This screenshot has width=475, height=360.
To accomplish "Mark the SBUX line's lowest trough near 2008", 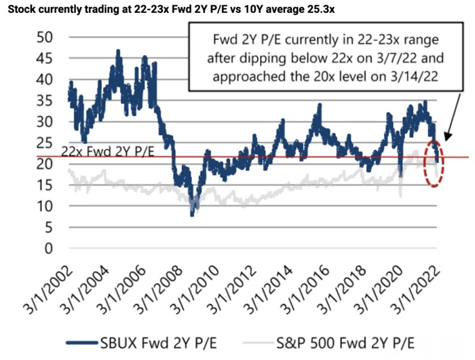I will [x=192, y=215].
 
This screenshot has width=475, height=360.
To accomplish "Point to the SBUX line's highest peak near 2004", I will [x=119, y=51].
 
